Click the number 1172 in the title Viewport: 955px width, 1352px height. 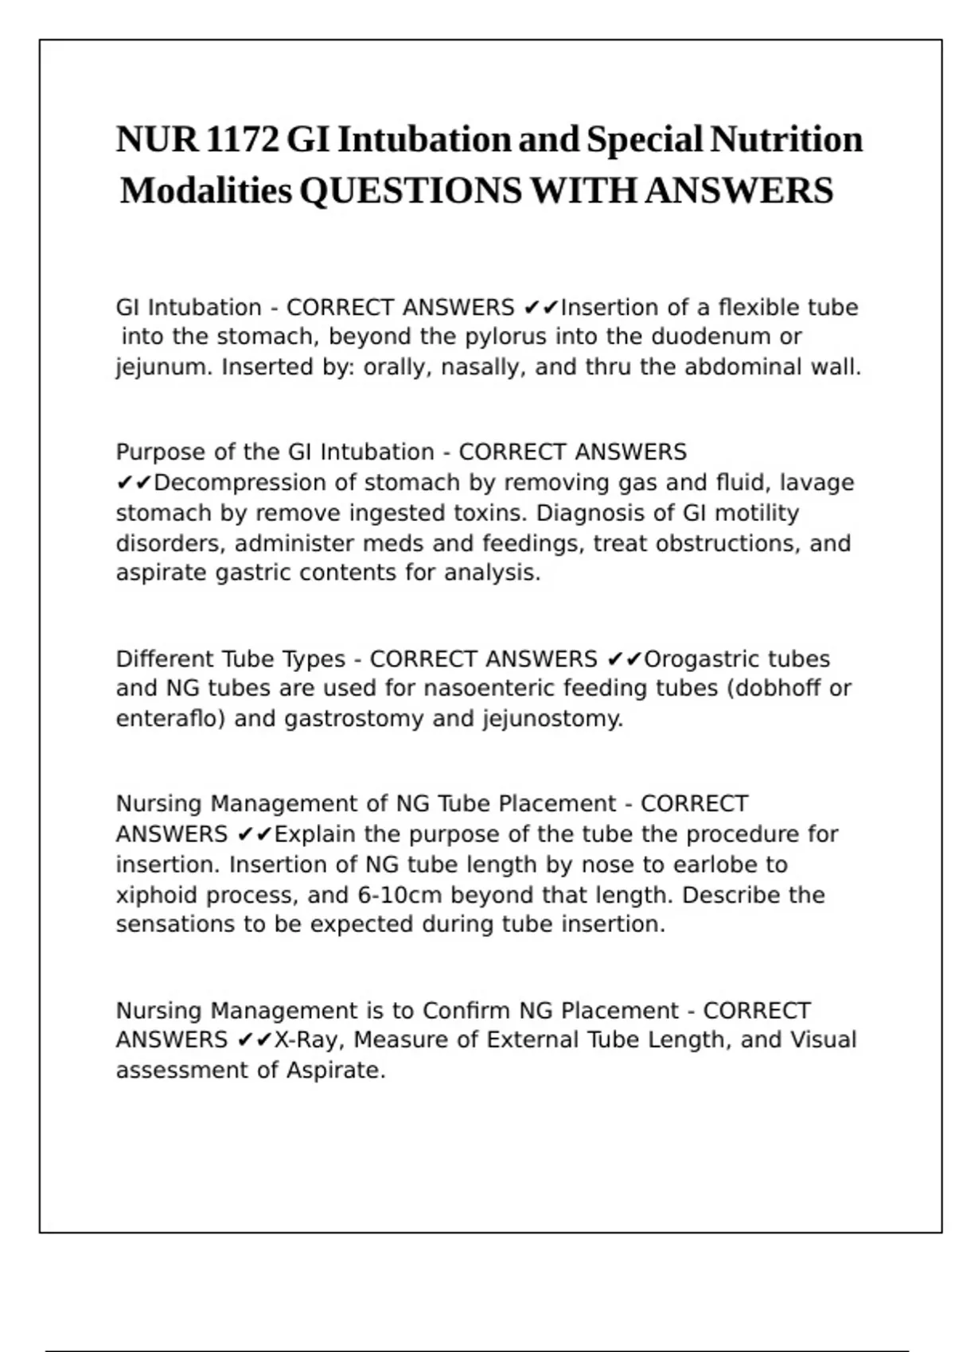pyautogui.click(x=243, y=139)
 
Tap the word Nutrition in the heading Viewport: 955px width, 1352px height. pyautogui.click(x=786, y=139)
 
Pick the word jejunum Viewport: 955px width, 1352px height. pyautogui.click(x=164, y=367)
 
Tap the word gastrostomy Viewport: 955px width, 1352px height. pyautogui.click(x=354, y=719)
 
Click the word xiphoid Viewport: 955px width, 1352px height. pyautogui.click(x=157, y=896)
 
